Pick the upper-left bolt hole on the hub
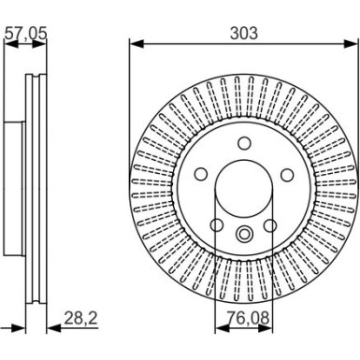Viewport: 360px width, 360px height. [x=200, y=174]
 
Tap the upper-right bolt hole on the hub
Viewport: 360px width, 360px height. [x=286, y=174]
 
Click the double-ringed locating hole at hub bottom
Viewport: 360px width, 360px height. [x=243, y=235]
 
